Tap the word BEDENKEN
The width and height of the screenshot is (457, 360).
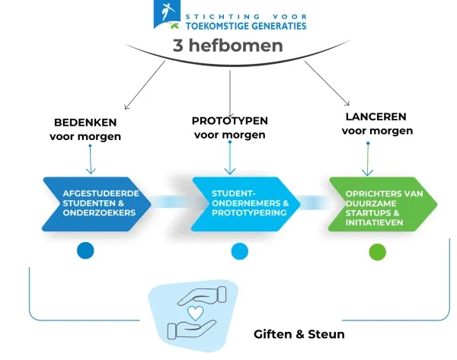click(85, 123)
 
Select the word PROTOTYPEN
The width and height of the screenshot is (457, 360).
click(229, 120)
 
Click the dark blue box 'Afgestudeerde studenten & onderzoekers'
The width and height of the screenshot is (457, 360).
click(95, 203)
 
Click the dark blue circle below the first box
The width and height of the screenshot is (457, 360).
click(85, 251)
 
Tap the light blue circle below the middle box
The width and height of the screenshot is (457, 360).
click(239, 251)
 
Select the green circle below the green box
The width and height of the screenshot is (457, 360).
click(377, 252)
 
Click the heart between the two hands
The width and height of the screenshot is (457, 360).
click(196, 312)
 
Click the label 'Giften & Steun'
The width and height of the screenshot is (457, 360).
click(299, 335)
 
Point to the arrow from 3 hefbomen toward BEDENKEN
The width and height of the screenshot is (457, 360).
click(145, 85)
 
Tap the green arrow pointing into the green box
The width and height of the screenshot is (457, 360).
click(369, 160)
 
